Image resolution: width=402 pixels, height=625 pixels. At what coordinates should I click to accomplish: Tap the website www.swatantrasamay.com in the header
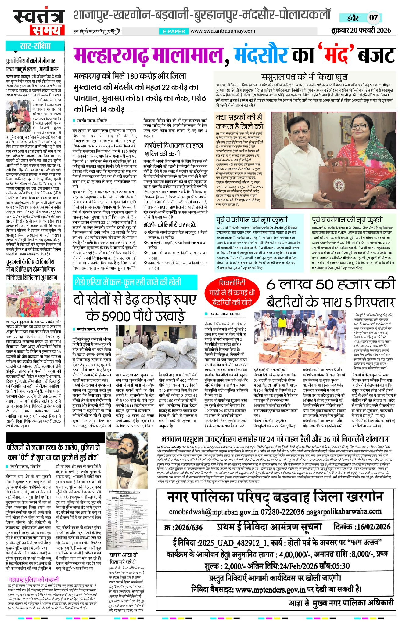223,31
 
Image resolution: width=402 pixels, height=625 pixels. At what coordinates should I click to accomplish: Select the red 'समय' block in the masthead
47,30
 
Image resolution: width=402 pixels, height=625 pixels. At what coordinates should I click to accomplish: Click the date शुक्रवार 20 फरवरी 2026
361,31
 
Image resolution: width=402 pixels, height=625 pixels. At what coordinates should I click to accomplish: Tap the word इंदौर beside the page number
353,18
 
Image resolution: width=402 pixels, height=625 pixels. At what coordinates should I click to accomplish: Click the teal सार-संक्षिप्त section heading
35,46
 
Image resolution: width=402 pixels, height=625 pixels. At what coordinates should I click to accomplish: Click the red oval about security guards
232,292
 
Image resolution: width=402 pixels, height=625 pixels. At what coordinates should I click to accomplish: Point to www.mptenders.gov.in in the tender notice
270,589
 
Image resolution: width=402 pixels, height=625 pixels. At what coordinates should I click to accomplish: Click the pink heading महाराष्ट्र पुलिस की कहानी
34,579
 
